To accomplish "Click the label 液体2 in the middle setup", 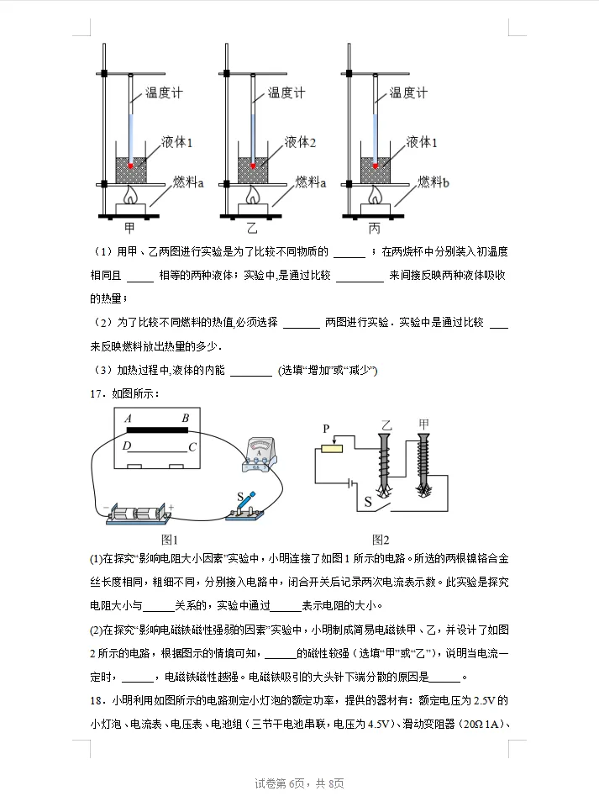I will click(x=300, y=143).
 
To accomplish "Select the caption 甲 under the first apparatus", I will click(x=129, y=227).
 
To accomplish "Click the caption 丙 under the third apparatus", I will click(x=374, y=227).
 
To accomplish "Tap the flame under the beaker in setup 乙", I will click(x=253, y=195).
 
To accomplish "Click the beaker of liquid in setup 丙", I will click(x=376, y=168).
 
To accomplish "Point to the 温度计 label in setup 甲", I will click(x=164, y=93).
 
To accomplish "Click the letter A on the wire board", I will click(x=128, y=419).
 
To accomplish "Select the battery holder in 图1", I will click(x=139, y=513).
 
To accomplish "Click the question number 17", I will click(x=97, y=392).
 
